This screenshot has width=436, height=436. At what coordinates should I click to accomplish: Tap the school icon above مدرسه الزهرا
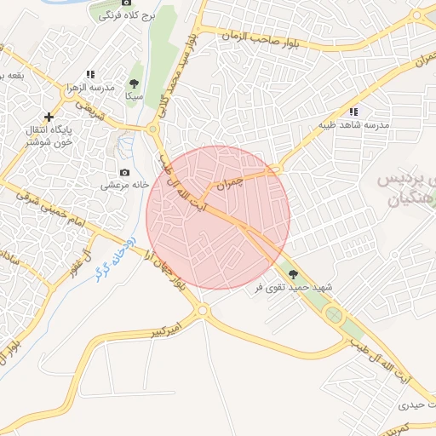[x=90, y=74]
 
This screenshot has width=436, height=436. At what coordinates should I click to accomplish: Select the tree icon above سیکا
[x=133, y=83]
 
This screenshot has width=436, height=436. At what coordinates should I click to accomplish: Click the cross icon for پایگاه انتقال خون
[x=49, y=116]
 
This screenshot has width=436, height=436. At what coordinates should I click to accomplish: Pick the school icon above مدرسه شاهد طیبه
[x=353, y=112]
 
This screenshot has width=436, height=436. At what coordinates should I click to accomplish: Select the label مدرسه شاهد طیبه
[x=353, y=124]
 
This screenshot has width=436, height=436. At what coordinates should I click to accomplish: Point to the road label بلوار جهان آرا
[x=168, y=272]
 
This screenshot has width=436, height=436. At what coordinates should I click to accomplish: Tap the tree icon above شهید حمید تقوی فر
[x=294, y=274]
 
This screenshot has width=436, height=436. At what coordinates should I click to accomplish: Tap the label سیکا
[x=133, y=97]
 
